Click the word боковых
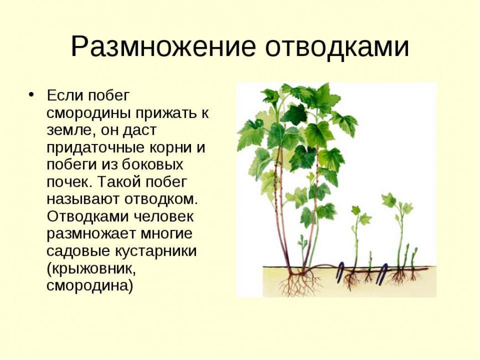click(153, 165)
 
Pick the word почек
click(66, 182)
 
